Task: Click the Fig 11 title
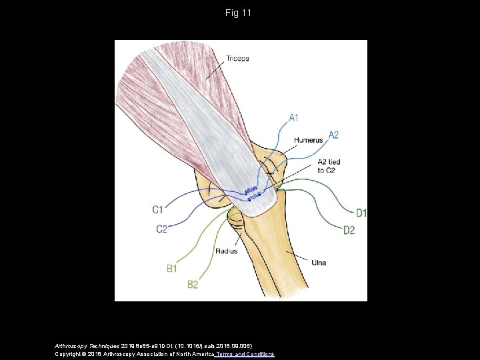tap(239, 13)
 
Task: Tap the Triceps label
tap(237, 59)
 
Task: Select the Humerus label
tap(308, 141)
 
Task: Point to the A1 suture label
tap(293, 119)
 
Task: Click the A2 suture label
tap(333, 135)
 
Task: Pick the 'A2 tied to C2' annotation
tap(329, 166)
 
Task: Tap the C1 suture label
tap(158, 209)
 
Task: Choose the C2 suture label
tap(161, 229)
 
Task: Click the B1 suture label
tap(171, 269)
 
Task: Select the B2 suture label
tap(192, 285)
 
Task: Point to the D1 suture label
tap(361, 213)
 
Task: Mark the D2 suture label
tap(349, 231)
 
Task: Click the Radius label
tap(226, 251)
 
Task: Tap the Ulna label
tap(319, 263)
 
